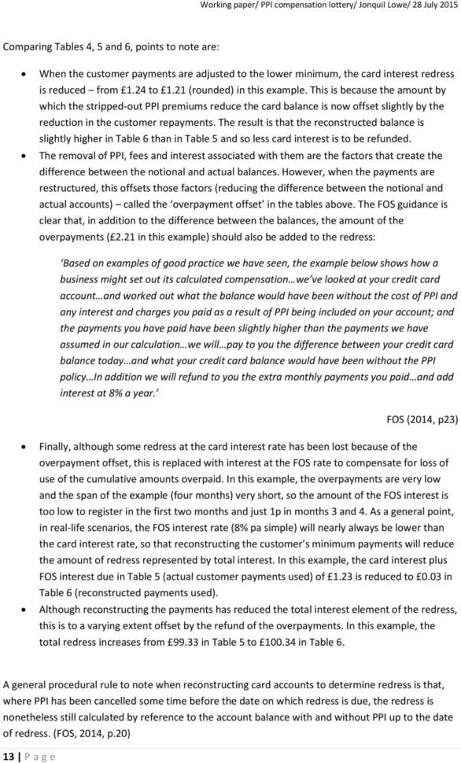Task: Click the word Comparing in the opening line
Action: point(29,47)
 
